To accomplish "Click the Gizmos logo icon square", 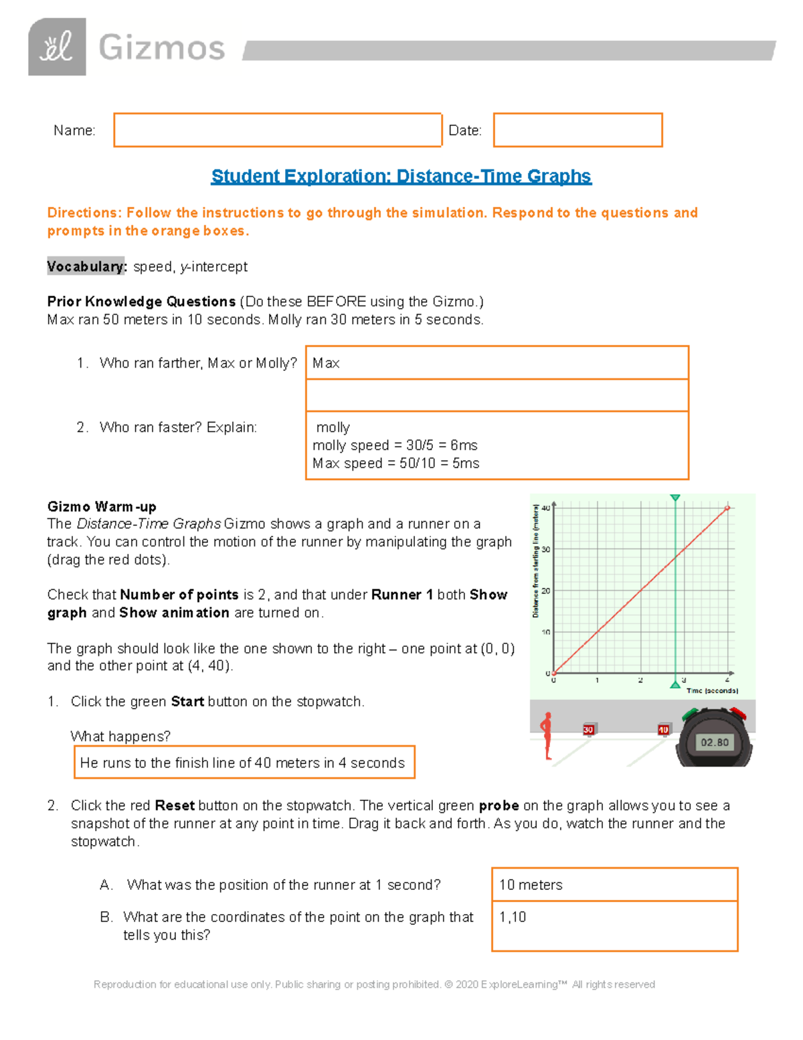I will (x=57, y=47).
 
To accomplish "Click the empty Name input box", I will (x=278, y=130).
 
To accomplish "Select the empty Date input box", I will (x=577, y=130).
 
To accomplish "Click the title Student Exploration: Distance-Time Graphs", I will (x=401, y=176).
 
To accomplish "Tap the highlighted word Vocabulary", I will (x=86, y=267).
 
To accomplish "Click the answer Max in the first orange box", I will (x=326, y=363).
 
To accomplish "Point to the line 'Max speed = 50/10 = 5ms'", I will (x=395, y=463).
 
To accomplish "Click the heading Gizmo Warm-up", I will (x=102, y=506).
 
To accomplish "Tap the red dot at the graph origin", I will (x=553, y=673).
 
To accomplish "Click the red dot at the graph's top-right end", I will (x=727, y=508).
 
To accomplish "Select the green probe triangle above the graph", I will (x=675, y=498).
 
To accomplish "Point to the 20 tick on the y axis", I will (x=546, y=591).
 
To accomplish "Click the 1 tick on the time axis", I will (x=597, y=680).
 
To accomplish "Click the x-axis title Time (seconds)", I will (x=712, y=690).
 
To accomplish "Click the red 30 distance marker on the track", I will (x=588, y=729).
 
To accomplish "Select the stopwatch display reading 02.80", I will (x=714, y=742).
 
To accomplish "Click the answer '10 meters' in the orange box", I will (x=531, y=885).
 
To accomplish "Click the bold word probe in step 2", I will (x=499, y=806).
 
